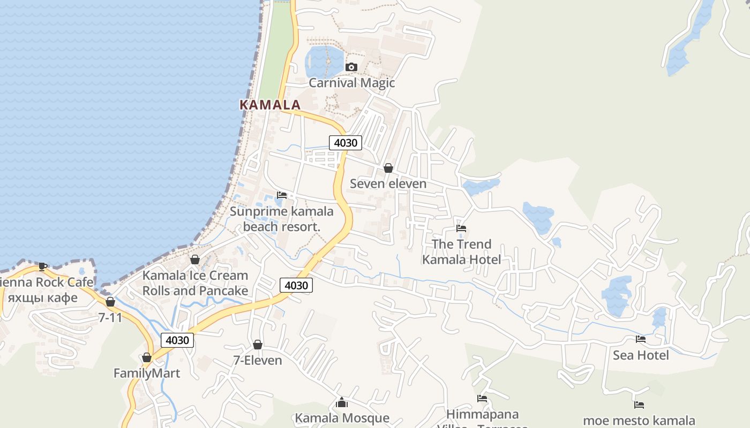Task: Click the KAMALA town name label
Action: click(270, 105)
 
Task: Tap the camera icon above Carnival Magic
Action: click(351, 67)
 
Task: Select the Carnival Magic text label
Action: click(352, 83)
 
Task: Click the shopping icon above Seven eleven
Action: click(388, 168)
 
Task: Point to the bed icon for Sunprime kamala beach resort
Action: click(282, 195)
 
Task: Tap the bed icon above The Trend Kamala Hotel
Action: click(461, 228)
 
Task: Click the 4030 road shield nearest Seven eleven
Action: click(346, 143)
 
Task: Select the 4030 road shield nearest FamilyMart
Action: click(177, 340)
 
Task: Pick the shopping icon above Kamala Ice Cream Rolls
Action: click(195, 259)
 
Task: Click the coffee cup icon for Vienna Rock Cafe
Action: click(43, 266)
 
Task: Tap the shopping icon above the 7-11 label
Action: click(110, 302)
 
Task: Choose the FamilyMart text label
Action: click(147, 373)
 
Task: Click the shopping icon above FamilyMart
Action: click(147, 357)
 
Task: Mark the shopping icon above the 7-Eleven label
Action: click(258, 345)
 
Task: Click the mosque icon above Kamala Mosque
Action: click(342, 402)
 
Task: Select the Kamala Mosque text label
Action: click(342, 418)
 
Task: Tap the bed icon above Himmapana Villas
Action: click(482, 399)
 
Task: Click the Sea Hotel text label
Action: click(641, 355)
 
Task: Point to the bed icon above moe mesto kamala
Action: click(639, 405)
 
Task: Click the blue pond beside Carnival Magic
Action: click(324, 61)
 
